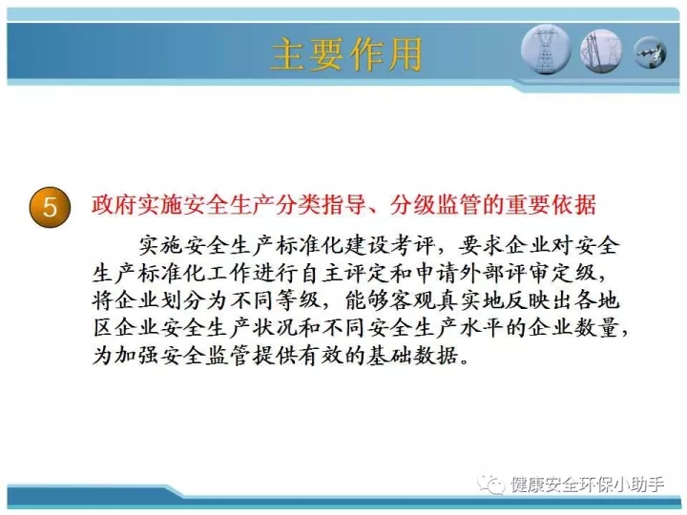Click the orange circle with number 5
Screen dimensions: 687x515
[50, 207]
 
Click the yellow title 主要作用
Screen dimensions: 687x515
[346, 54]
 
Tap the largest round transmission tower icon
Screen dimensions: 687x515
[546, 50]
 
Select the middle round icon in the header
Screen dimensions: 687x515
[601, 51]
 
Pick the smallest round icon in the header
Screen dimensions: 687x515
[650, 52]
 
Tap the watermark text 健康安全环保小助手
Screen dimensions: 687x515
[587, 484]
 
